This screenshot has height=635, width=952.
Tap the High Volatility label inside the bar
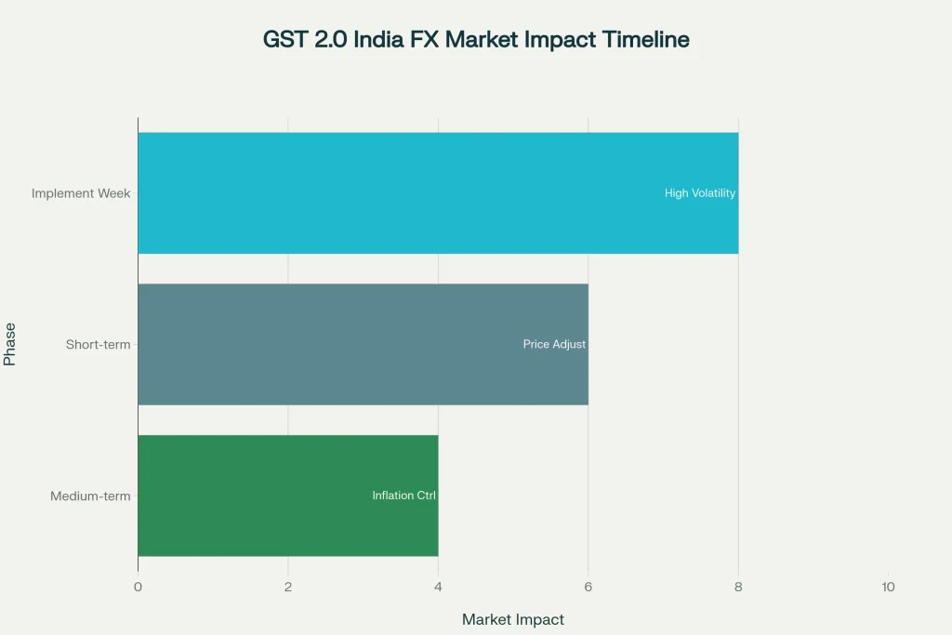[x=699, y=193]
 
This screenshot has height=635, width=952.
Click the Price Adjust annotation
[x=554, y=344]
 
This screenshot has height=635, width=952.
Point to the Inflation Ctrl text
[x=403, y=496]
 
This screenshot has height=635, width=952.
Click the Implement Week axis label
[x=81, y=193]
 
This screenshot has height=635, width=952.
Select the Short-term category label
[x=98, y=344]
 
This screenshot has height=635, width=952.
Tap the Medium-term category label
[x=90, y=496]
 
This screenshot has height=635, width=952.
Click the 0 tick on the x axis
[x=138, y=587]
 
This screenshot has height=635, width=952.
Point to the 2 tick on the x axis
[x=288, y=587]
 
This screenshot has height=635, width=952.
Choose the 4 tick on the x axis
[x=438, y=587]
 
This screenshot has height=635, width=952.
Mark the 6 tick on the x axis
[x=588, y=587]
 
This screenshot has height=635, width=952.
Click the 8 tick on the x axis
[x=738, y=587]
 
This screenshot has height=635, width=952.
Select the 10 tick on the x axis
[x=888, y=587]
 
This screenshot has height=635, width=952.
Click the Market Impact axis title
[x=512, y=619]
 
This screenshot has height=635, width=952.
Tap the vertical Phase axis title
[x=10, y=344]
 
